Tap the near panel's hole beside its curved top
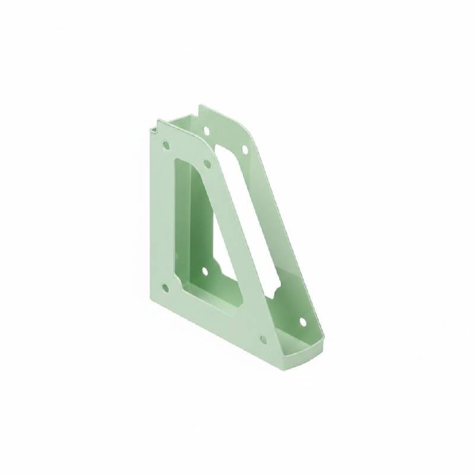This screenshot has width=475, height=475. coord(207,161)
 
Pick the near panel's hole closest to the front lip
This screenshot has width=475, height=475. coord(263,340)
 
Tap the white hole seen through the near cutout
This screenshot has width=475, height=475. coord(205,271)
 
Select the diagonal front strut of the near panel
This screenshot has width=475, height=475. coord(237,249)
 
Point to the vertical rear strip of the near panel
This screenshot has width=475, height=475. coord(159,220)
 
